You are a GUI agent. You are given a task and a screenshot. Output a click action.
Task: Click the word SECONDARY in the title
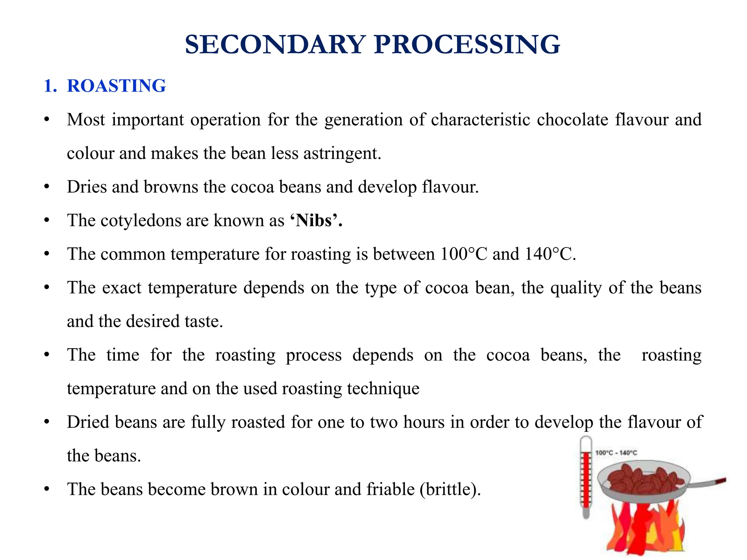point(275,44)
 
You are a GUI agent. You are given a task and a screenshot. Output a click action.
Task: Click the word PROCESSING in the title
point(467,44)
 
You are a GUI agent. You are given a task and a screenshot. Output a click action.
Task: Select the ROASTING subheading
point(116,86)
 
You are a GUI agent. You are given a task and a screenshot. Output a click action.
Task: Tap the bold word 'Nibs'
point(316,221)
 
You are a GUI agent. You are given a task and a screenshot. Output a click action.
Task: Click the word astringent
point(342,153)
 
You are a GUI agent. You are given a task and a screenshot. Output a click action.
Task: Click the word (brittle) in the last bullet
point(450,489)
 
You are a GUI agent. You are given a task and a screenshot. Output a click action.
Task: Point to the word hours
point(424,422)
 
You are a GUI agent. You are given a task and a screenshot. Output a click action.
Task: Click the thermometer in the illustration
point(586,478)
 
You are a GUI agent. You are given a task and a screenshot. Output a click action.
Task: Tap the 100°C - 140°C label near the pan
point(616,453)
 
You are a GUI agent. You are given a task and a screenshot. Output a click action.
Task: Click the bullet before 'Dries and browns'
point(46,187)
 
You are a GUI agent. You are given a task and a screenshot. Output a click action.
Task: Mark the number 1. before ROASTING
point(50,86)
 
